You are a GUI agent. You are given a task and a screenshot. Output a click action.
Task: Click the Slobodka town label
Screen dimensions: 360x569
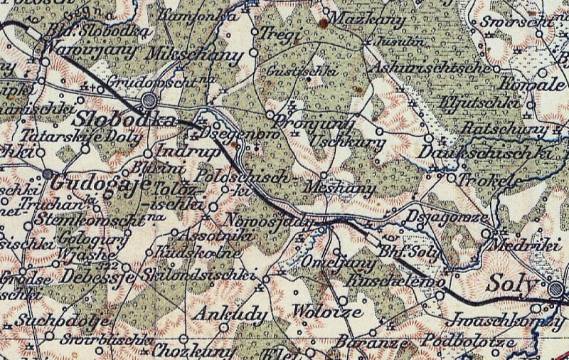click(125, 117)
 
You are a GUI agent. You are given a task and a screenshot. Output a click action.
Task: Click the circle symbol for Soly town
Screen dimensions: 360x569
click(555, 288)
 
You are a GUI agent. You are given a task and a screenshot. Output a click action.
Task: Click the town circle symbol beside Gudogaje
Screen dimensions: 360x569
click(48, 174)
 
